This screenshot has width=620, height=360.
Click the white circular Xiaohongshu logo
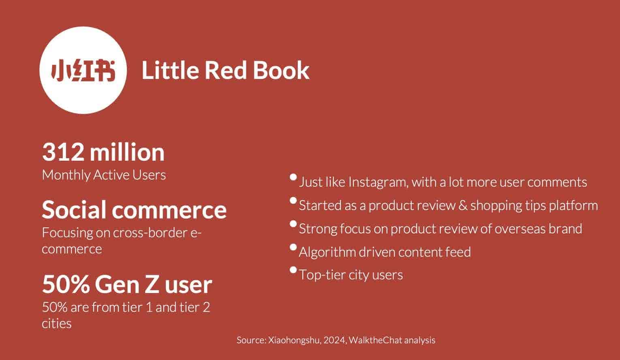(83, 70)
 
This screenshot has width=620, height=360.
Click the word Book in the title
(281, 70)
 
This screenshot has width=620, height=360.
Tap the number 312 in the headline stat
(63, 152)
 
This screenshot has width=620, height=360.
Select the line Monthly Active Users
(104, 175)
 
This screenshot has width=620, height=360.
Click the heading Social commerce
(134, 210)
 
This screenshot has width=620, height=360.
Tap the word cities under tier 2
(56, 324)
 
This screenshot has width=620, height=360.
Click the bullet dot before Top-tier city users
(294, 270)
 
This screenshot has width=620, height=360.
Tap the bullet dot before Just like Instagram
(294, 177)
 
